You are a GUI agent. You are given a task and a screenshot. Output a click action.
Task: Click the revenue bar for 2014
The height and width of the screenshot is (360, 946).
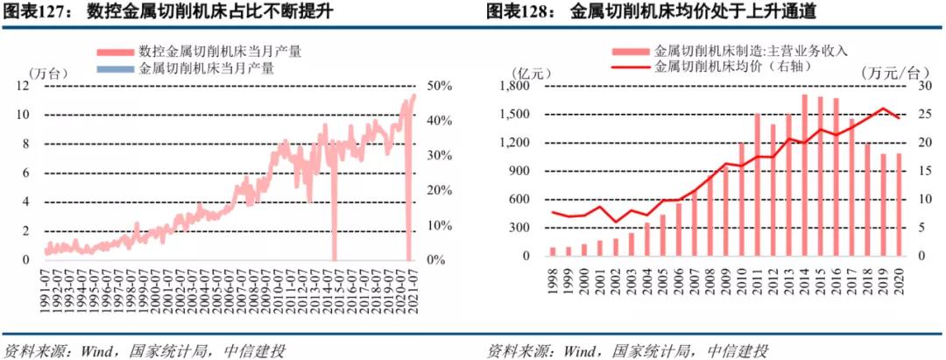tap(804, 176)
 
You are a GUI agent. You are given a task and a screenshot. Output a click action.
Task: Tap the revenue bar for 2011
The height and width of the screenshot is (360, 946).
tap(757, 185)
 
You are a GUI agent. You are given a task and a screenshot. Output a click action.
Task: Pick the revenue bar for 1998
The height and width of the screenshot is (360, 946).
tap(553, 251)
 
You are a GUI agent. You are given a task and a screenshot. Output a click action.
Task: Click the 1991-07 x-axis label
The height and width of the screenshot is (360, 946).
tap(46, 289)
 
